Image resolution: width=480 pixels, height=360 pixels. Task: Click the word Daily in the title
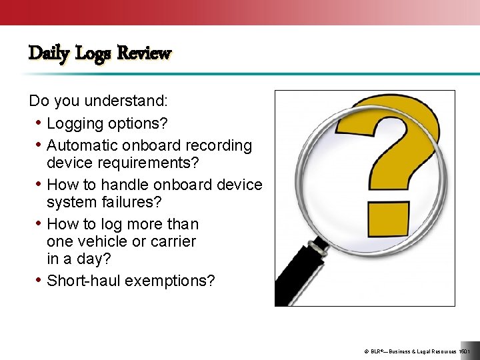pos(49,53)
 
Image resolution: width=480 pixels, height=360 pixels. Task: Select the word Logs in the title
pos(93,53)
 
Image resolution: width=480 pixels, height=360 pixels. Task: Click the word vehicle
pos(103,241)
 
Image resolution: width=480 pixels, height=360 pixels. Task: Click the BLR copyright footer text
pos(407,351)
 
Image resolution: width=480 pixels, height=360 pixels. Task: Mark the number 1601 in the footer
pos(465,351)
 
